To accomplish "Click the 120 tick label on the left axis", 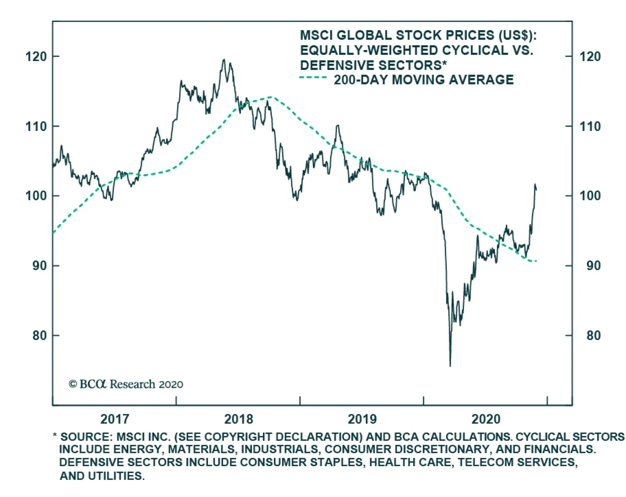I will click(x=36, y=57).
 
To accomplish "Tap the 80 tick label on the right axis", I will click(x=593, y=335).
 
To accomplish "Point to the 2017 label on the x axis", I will click(x=114, y=419).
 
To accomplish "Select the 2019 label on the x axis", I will click(x=362, y=419).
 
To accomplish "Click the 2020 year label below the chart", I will click(x=486, y=419).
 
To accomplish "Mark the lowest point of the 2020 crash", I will click(x=450, y=366).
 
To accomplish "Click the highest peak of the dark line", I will click(x=223, y=59).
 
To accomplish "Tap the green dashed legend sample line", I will click(x=313, y=78).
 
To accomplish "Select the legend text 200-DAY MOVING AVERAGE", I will click(x=423, y=80).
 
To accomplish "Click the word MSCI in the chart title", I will click(x=317, y=35).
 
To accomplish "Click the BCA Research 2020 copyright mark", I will click(x=126, y=384).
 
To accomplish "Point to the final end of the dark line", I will click(x=536, y=190).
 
